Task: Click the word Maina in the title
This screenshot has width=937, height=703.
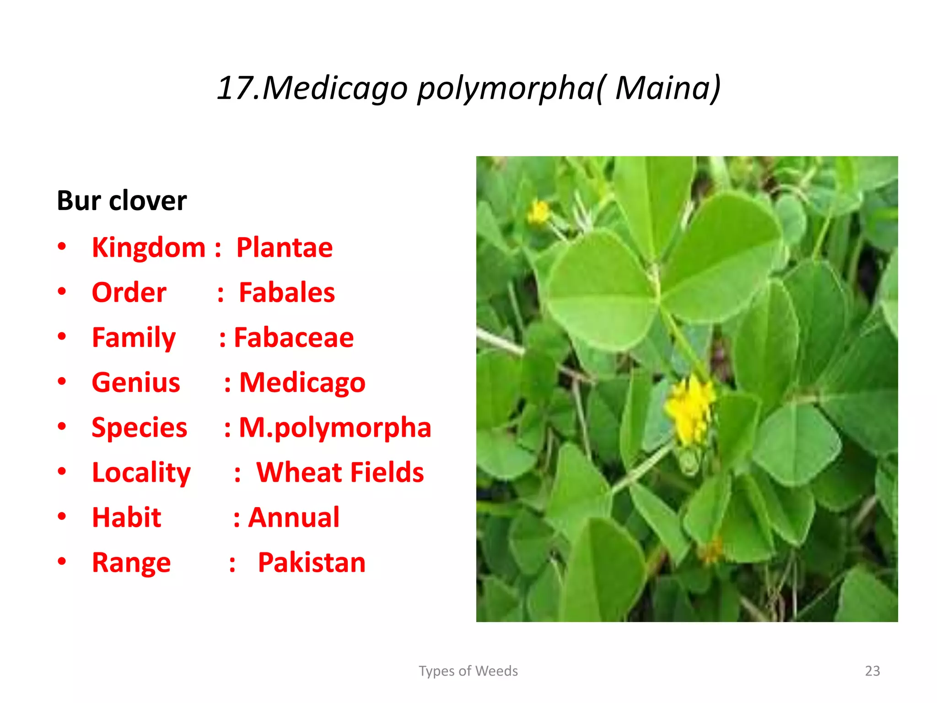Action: pyautogui.click(x=662, y=87)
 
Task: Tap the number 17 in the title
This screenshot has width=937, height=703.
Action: pyautogui.click(x=234, y=87)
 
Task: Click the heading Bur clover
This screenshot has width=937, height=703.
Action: pyautogui.click(x=122, y=200)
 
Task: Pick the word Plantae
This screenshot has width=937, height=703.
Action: pyautogui.click(x=284, y=248)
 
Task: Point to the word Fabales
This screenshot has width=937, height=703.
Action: pyautogui.click(x=287, y=292)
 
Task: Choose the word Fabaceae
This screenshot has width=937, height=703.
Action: pyautogui.click(x=294, y=338)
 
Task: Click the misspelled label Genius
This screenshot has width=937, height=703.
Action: pyautogui.click(x=136, y=383)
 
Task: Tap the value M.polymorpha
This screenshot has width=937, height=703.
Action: pyautogui.click(x=335, y=428)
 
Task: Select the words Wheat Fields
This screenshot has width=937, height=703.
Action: pyautogui.click(x=340, y=472)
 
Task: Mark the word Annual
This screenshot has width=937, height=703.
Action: pyautogui.click(x=294, y=518)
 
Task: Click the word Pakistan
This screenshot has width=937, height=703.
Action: pyautogui.click(x=312, y=562)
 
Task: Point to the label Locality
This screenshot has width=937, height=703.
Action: pyautogui.click(x=141, y=473)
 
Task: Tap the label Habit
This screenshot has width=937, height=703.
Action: pyautogui.click(x=127, y=518)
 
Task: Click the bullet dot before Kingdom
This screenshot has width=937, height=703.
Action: pyautogui.click(x=62, y=247)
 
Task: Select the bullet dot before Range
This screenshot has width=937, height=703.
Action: pyautogui.click(x=62, y=561)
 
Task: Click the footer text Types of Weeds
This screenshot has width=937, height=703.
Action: pyautogui.click(x=468, y=671)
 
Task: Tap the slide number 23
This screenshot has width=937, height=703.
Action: pyautogui.click(x=872, y=671)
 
